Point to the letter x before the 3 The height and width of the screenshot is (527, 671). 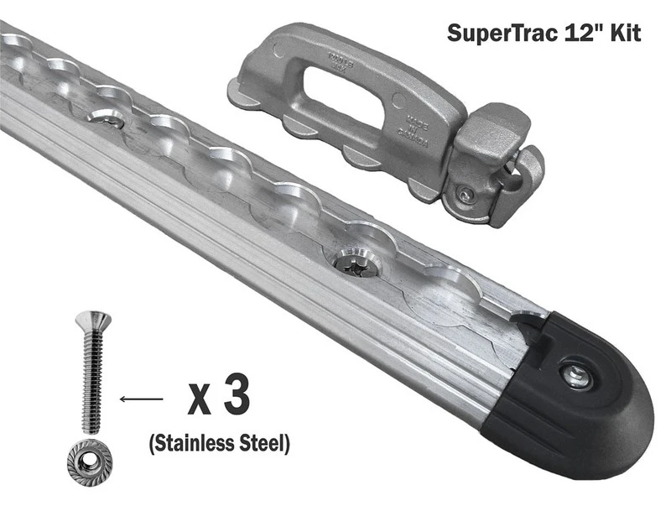[x=199, y=400]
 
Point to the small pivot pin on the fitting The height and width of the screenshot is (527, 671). [x=464, y=195]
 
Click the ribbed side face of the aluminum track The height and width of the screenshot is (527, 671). [x=252, y=252]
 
